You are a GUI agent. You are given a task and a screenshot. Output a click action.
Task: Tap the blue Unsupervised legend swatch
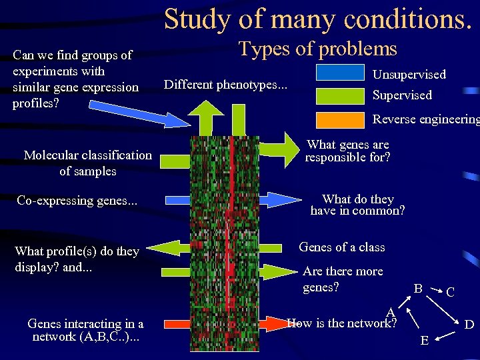pos(339,73)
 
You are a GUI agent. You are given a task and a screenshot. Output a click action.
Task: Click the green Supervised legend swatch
pos(339,95)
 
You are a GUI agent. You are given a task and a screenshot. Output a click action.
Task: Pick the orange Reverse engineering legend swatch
pos(339,119)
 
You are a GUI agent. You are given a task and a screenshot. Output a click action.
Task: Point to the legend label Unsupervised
pos(409,75)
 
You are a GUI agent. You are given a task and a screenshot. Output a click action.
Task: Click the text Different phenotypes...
pos(225,85)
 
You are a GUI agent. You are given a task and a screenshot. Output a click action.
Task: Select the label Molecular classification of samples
pos(87,163)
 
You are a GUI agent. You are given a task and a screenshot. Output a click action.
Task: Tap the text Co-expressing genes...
pos(77,200)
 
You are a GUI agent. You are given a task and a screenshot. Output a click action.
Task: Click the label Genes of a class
pos(341,247)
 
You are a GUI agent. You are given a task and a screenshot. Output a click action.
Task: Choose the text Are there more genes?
pos(342,279)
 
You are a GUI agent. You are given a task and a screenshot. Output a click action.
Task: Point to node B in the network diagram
pos(417,289)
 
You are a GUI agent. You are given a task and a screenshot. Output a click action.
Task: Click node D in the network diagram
pos(469,325)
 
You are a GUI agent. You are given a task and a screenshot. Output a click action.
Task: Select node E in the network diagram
pos(425,341)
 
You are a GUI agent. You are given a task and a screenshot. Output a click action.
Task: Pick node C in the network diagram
pos(451,292)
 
